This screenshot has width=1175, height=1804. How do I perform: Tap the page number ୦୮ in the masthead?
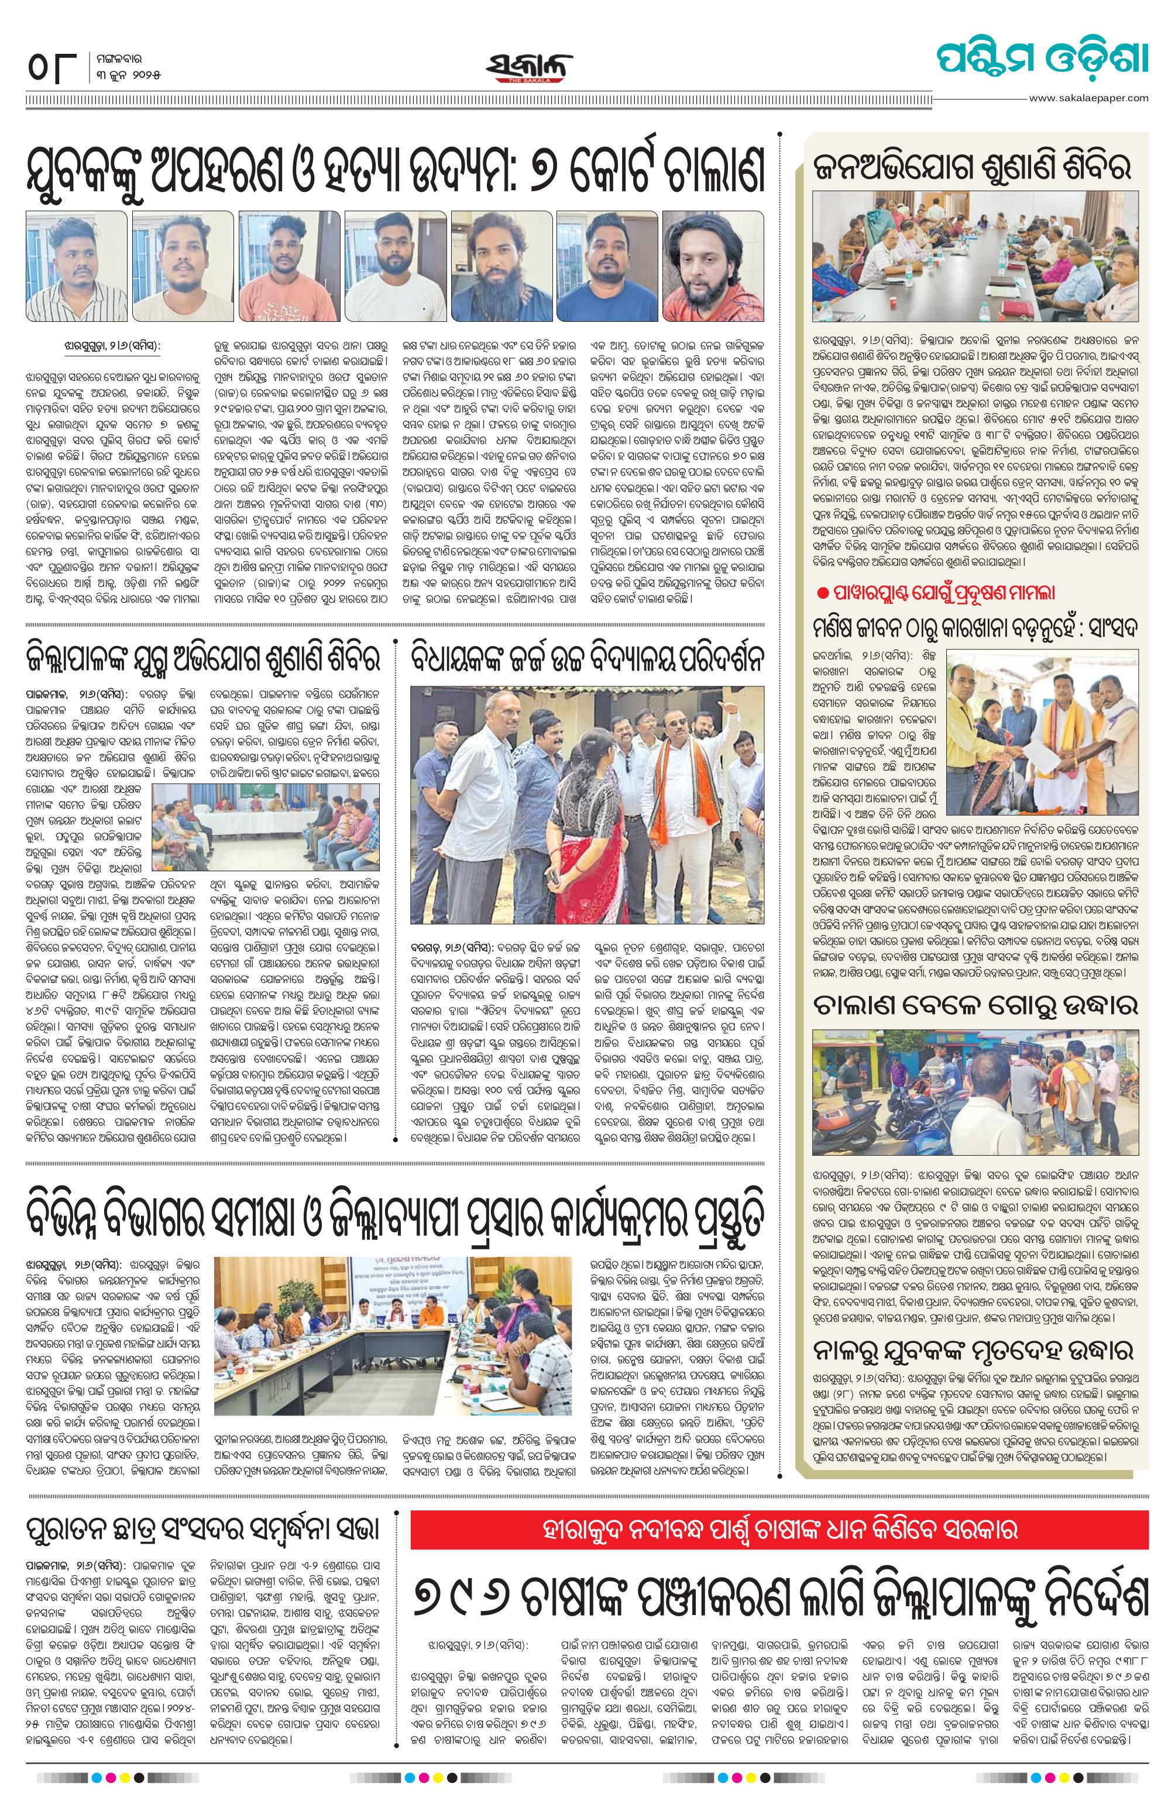[x=51, y=70]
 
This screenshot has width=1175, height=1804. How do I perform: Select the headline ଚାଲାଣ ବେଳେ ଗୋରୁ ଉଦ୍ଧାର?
[x=975, y=1005]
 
